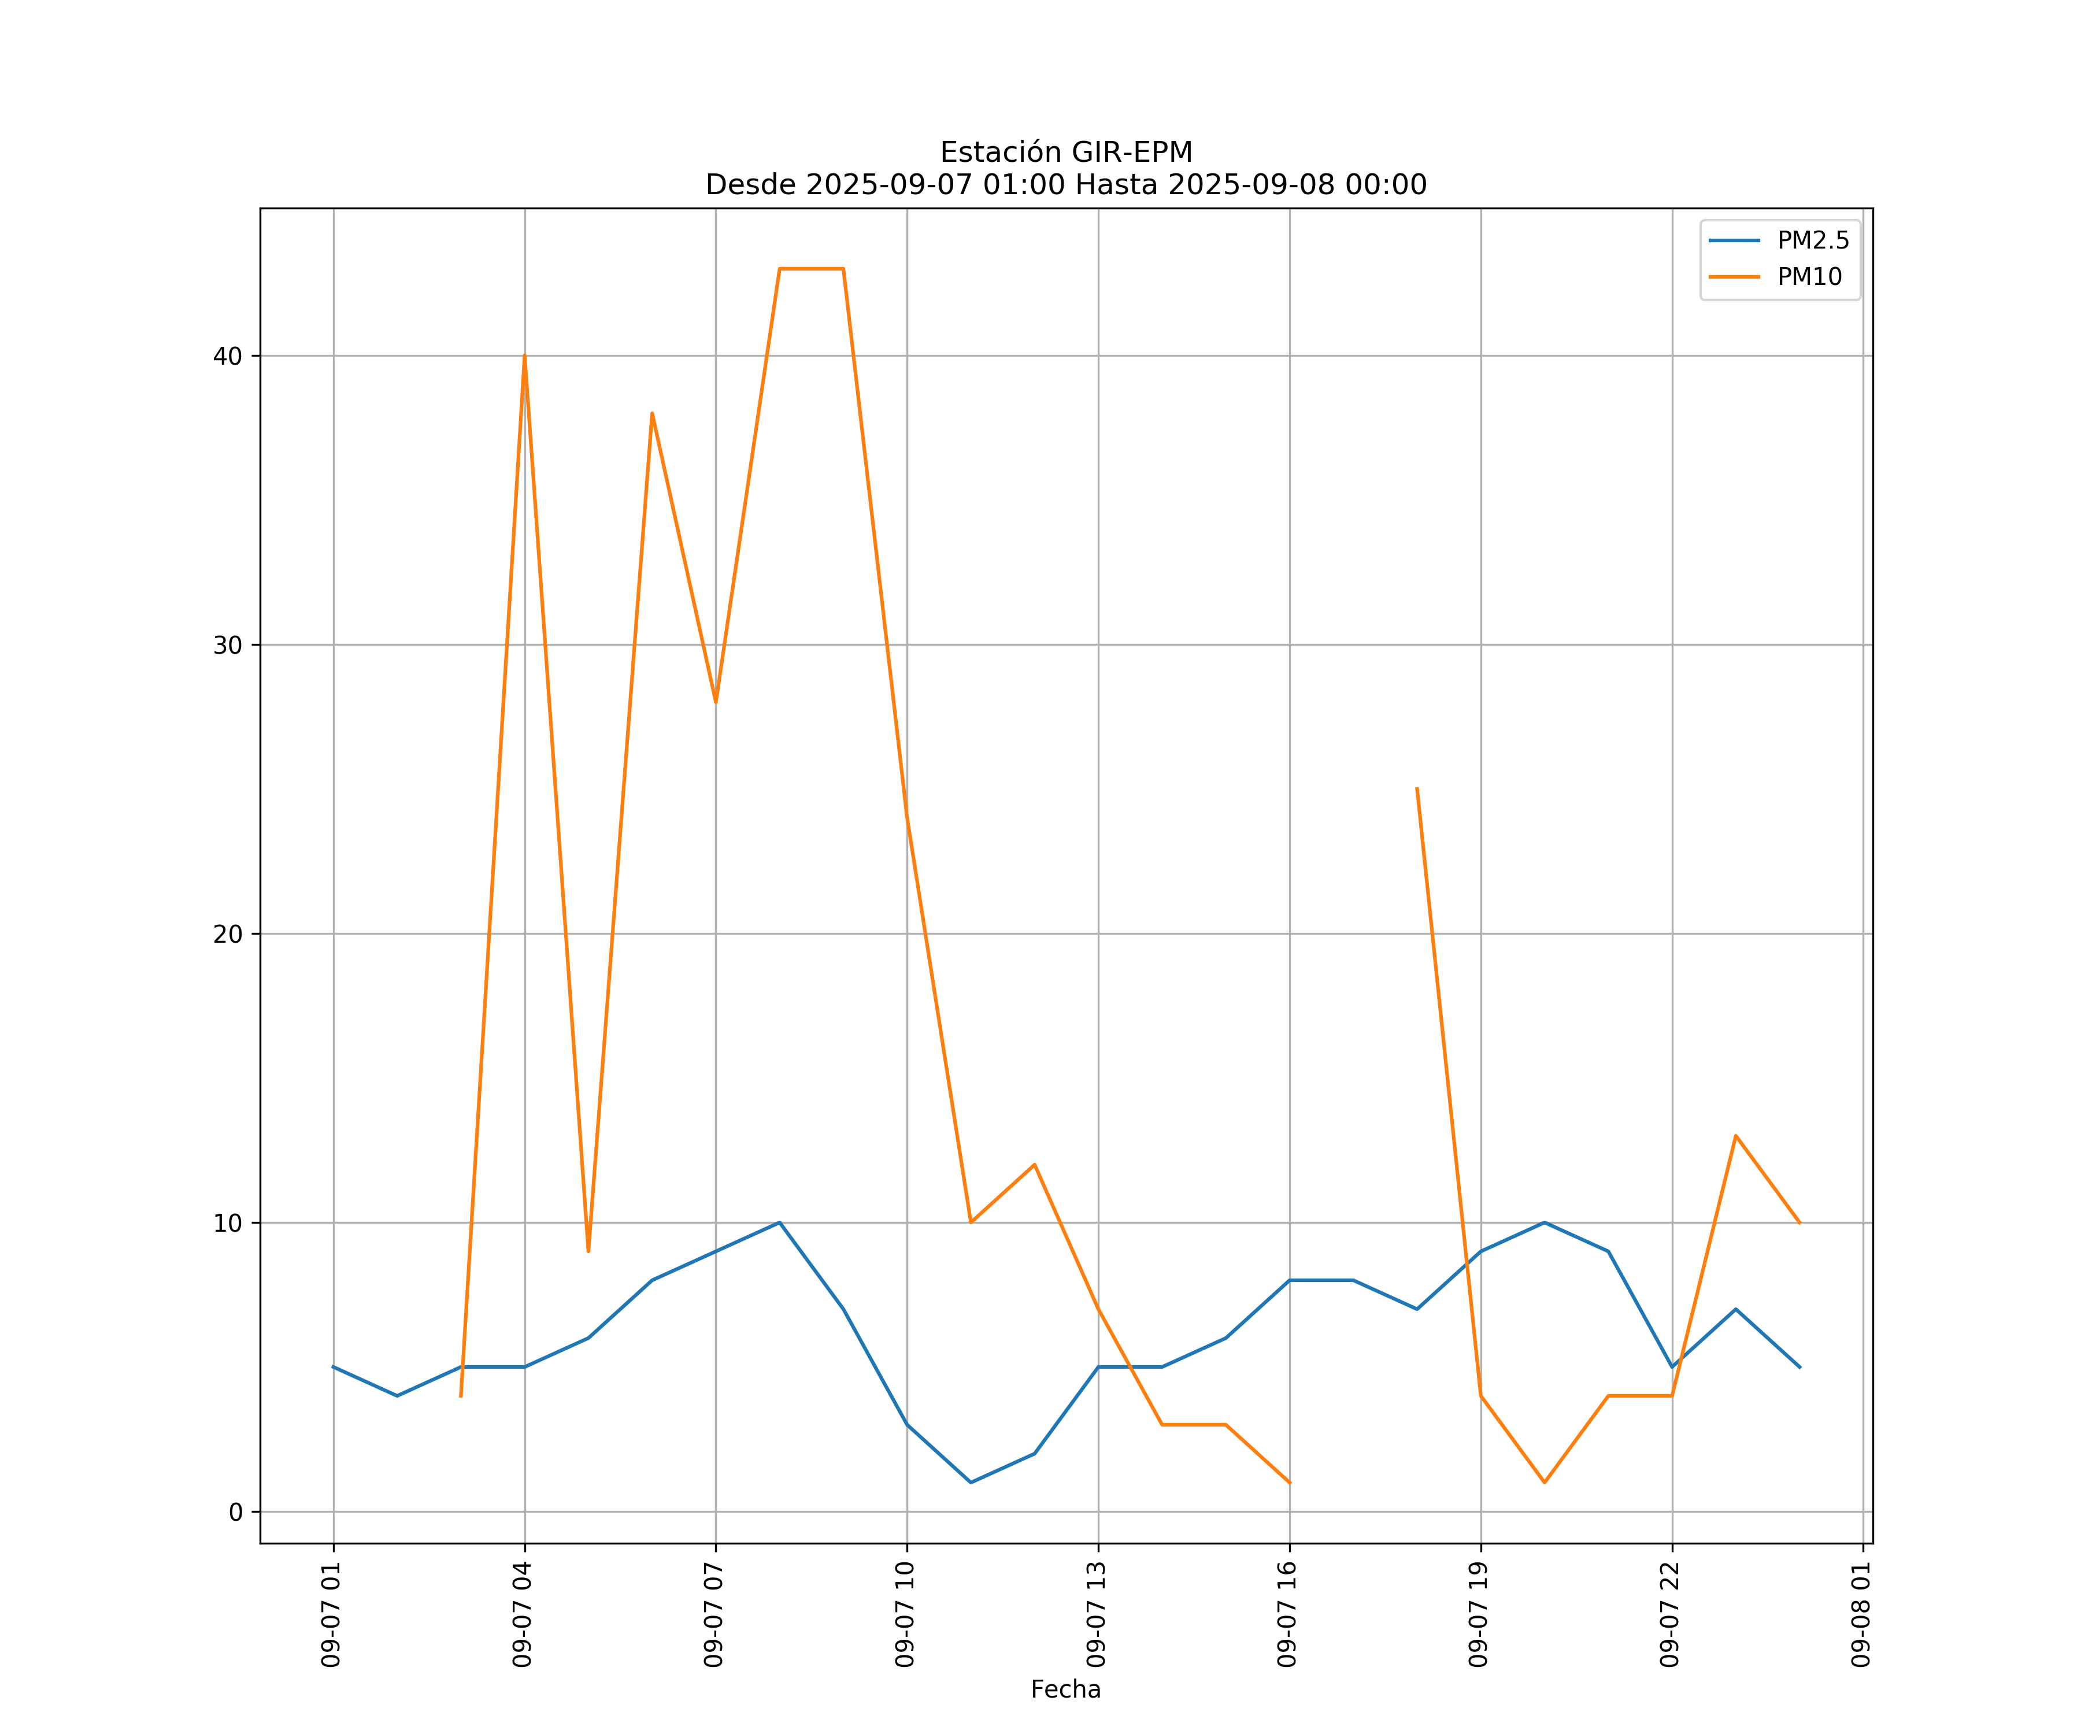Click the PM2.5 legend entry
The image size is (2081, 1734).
tap(1812, 241)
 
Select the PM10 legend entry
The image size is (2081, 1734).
tap(1809, 277)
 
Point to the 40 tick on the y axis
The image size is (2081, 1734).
tap(228, 355)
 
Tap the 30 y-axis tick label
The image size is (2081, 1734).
tap(228, 645)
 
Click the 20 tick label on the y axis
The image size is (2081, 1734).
tap(228, 933)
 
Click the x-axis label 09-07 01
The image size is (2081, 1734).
tap(332, 1614)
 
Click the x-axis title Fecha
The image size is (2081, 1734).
tap(1065, 1689)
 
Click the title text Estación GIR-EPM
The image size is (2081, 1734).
tap(1065, 153)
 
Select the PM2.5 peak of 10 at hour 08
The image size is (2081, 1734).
tap(780, 1222)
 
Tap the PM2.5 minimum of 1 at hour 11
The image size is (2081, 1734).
tap(971, 1483)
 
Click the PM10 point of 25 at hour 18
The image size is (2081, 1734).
tap(1417, 789)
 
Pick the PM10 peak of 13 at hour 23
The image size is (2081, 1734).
tap(1736, 1136)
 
